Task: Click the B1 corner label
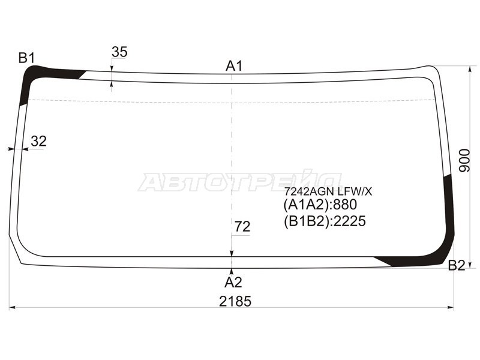26,58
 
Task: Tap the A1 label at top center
234,66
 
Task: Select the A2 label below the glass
233,282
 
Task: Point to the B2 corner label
457,265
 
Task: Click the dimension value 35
119,52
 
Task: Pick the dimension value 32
38,141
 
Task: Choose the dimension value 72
242,227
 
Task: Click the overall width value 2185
235,301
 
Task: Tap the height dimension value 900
464,160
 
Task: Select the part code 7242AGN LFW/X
328,191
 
